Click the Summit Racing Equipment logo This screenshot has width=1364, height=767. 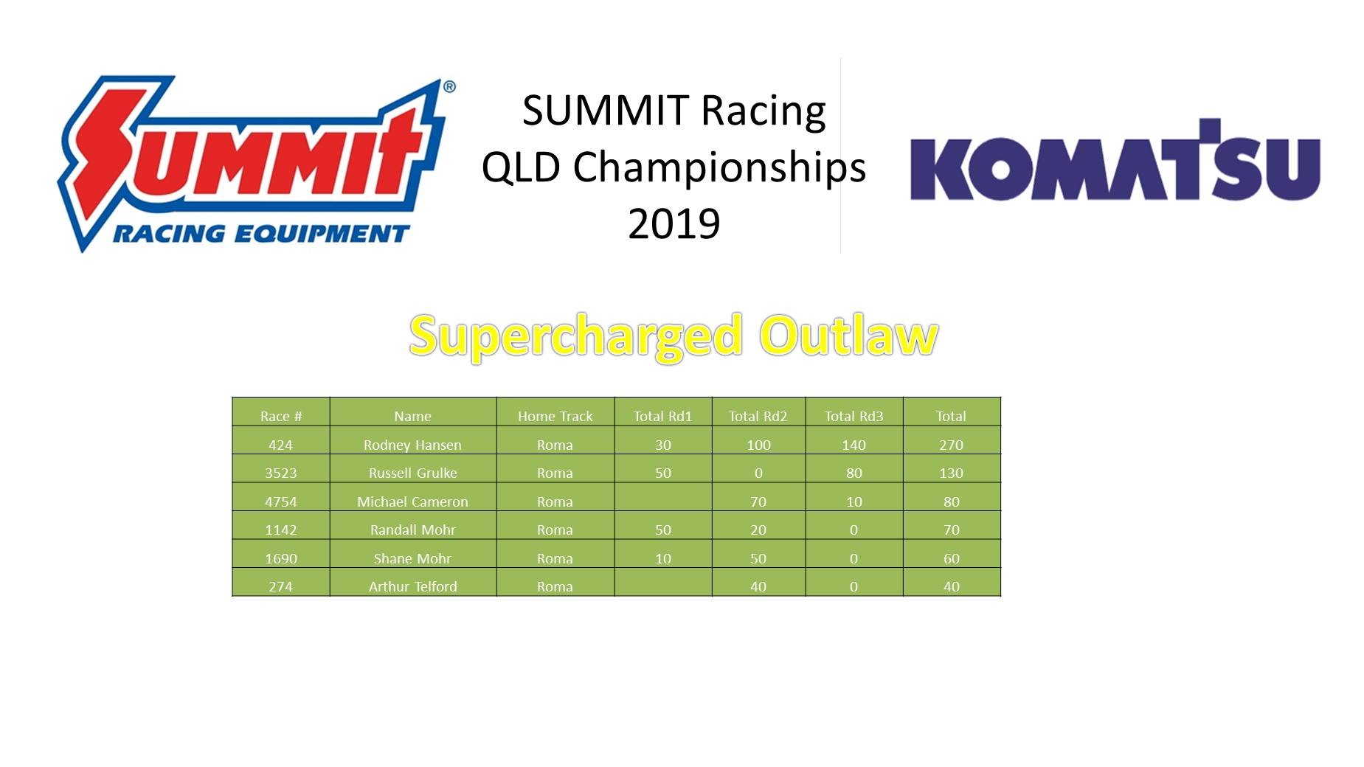point(257,164)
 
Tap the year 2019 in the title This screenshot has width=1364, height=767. point(674,223)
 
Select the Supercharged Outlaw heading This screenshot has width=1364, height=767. point(674,336)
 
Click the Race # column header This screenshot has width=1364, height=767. point(281,416)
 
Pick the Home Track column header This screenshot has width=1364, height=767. point(555,416)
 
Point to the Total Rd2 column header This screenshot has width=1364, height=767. point(758,416)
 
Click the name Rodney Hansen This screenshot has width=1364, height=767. point(412,445)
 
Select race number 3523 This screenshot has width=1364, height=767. point(281,473)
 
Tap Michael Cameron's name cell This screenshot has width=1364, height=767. point(412,502)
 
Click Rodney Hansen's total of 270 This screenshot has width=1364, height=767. point(951,445)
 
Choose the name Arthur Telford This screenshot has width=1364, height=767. point(412,586)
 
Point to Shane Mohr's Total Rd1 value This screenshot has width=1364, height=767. point(663,558)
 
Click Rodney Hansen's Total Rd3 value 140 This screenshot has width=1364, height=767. point(854,445)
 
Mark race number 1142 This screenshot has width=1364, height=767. point(281,530)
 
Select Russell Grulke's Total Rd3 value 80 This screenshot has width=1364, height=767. point(854,473)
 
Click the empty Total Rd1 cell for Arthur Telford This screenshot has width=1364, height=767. point(663,583)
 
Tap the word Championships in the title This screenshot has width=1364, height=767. point(719,169)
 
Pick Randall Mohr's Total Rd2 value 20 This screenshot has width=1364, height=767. point(758,530)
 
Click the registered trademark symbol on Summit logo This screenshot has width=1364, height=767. point(449,87)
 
